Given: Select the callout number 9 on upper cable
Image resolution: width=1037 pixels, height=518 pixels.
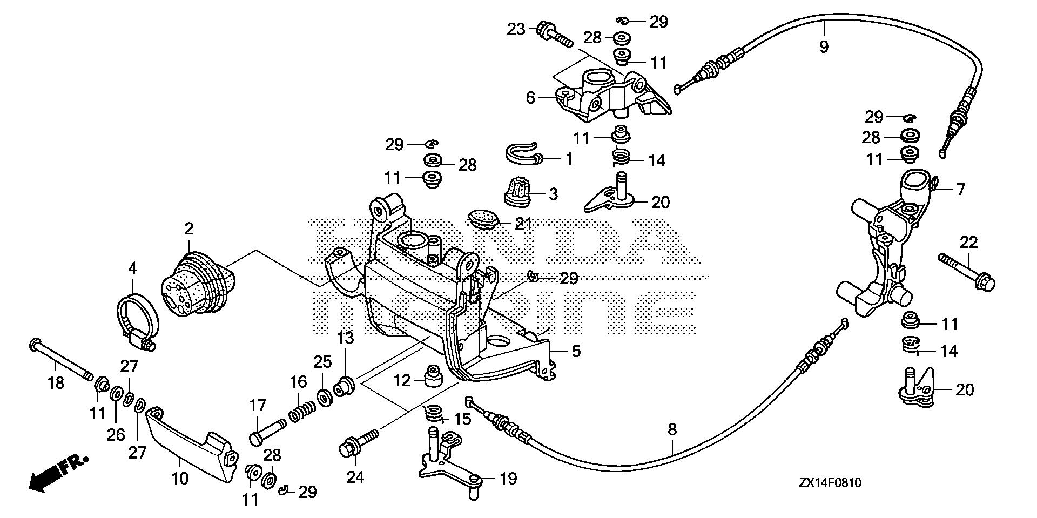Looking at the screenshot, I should click(x=823, y=47).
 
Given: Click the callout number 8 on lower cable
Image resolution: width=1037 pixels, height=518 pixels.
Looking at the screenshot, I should click(x=672, y=430).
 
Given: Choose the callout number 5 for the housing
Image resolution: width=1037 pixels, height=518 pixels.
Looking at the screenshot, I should click(x=576, y=351).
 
